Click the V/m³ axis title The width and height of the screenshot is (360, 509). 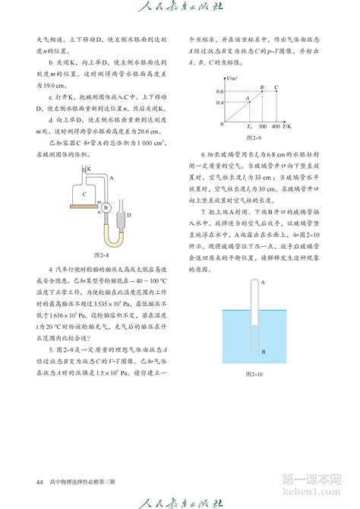[231, 77]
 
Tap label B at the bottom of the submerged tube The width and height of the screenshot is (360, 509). [263, 353]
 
